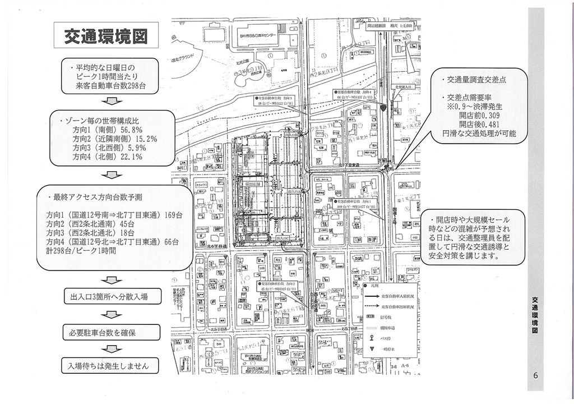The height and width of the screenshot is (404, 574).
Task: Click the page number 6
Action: (536, 377)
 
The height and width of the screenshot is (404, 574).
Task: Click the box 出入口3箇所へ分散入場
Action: (109, 296)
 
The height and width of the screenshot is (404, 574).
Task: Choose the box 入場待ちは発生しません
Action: (109, 366)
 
